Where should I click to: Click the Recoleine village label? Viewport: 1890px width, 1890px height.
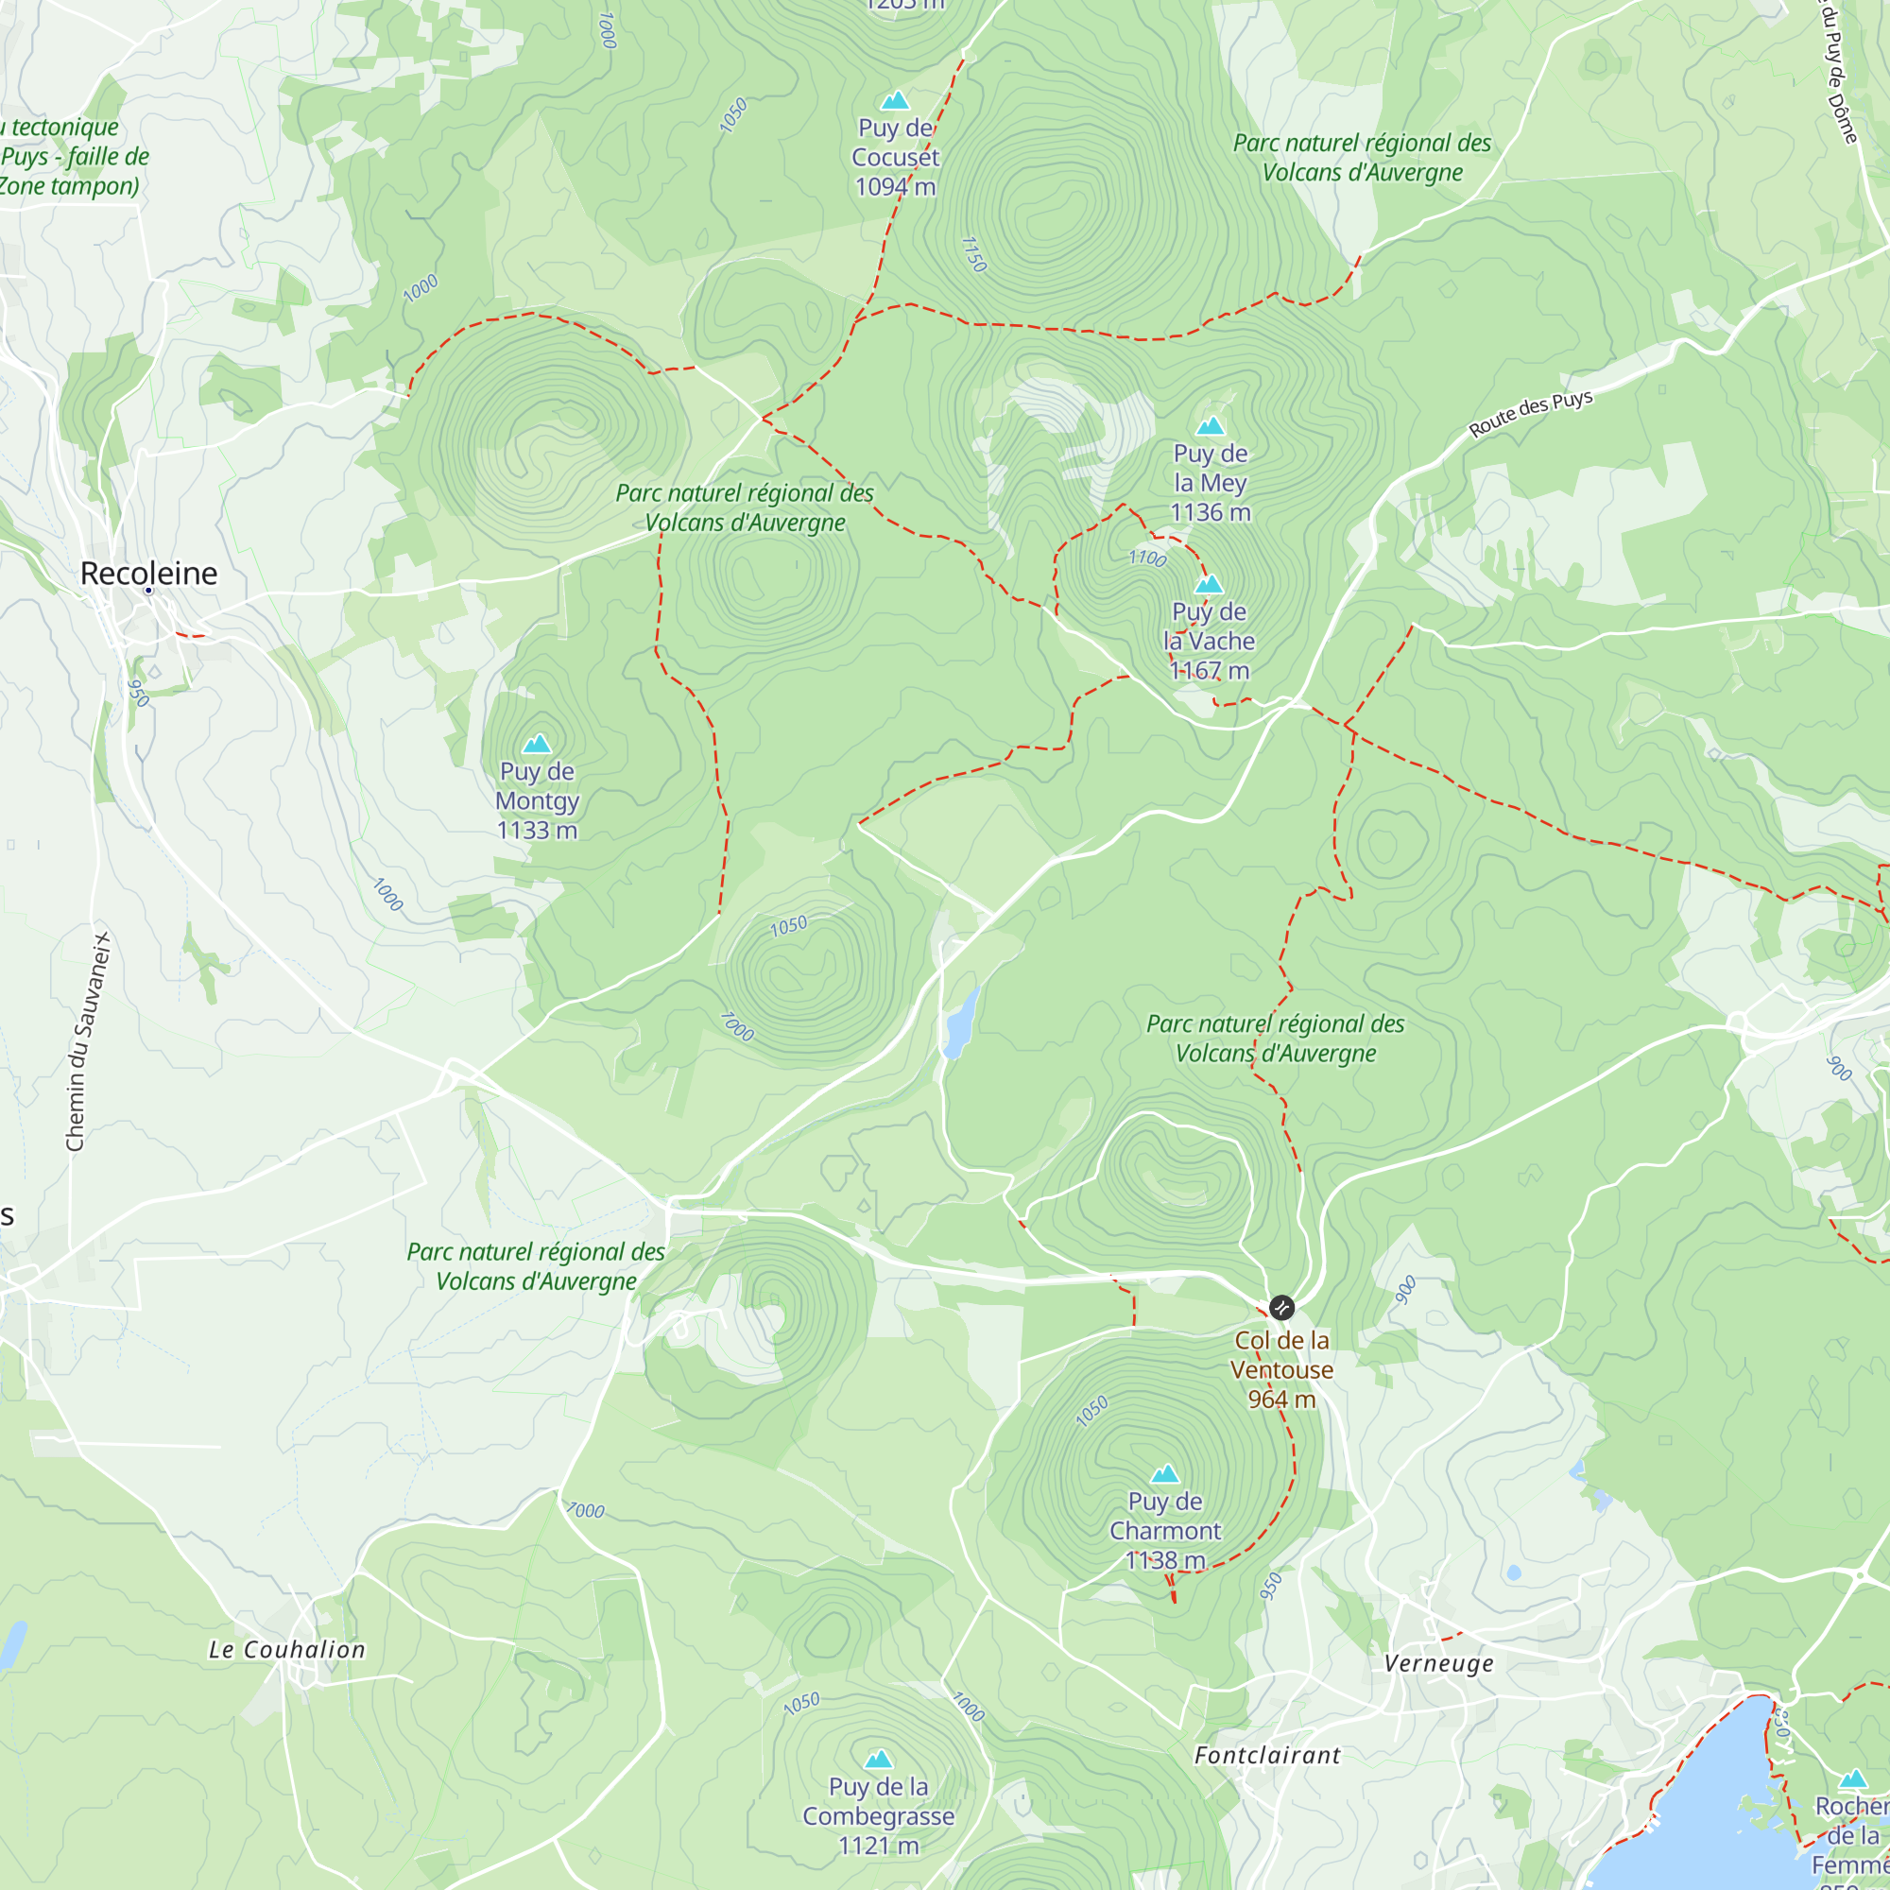[x=148, y=574]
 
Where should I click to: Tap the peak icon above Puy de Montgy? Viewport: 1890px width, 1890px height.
[x=537, y=745]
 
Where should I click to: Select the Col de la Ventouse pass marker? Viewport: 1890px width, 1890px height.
[x=1281, y=1307]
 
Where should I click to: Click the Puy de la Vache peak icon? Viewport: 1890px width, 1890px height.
[x=1210, y=585]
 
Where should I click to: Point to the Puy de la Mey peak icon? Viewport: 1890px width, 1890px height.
[x=1211, y=425]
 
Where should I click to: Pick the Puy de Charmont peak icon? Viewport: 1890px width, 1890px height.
[x=1165, y=1474]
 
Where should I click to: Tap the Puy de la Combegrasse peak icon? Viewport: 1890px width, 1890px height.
[x=879, y=1760]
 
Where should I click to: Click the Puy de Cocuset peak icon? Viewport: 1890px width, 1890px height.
[x=895, y=101]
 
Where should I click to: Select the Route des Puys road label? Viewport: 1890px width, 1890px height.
[x=1531, y=414]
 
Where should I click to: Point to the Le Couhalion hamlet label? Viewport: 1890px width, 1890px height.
[x=287, y=1649]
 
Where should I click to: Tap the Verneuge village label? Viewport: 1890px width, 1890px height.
[x=1439, y=1663]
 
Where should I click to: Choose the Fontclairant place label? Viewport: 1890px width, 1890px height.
[x=1268, y=1755]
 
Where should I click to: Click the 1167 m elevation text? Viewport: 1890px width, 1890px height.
[x=1211, y=671]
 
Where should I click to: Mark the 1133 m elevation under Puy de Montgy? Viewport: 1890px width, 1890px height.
[x=537, y=831]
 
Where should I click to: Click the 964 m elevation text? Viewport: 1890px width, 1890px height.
[x=1281, y=1400]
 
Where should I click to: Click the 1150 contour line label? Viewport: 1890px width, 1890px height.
[x=973, y=254]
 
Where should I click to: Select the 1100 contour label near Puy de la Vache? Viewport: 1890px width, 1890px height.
[x=1147, y=558]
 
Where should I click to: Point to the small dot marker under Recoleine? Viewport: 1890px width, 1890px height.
[x=148, y=591]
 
